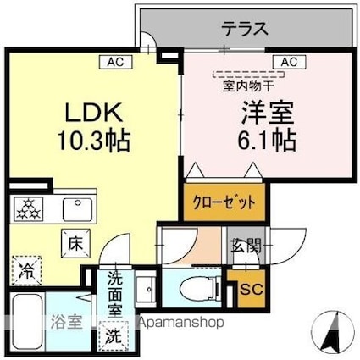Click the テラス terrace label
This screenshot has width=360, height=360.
coord(246,28)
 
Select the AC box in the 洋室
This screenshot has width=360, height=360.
coord(288,61)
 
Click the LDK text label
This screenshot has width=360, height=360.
coord(95,114)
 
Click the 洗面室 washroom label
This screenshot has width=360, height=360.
coord(114,291)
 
